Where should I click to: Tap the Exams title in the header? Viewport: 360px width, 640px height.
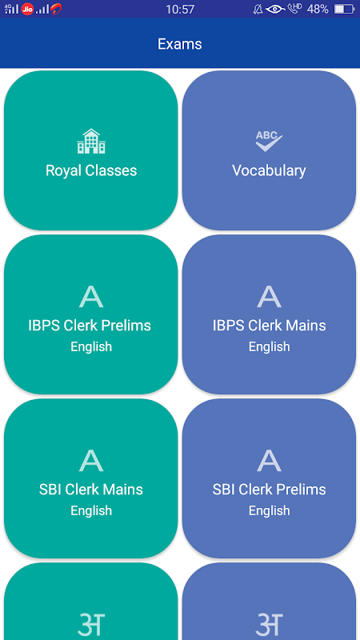pos(179,44)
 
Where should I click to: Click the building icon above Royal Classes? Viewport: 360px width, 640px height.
pos(91,142)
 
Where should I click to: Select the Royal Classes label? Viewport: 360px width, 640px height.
pos(91,170)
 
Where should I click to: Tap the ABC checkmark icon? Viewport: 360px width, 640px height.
pos(269,142)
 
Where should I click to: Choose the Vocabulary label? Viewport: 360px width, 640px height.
pos(269,170)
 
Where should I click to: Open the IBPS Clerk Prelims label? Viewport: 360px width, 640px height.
pos(90,326)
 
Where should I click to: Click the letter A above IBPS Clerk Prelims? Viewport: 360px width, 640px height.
pos(91,297)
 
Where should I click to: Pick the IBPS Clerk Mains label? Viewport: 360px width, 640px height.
pos(270,326)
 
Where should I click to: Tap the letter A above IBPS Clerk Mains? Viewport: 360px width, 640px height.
pos(270,297)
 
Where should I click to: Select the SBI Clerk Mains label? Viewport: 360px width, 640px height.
pos(91,490)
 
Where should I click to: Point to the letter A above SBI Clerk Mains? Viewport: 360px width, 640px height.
pos(91,461)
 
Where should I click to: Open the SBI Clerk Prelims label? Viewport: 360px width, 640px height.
pos(270,490)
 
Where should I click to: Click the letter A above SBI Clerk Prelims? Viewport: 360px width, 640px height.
pos(270,461)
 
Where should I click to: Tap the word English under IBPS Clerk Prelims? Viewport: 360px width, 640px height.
pos(91,347)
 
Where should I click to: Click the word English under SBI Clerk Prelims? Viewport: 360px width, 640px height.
pos(270,511)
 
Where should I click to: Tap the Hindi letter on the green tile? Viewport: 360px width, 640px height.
pos(91,625)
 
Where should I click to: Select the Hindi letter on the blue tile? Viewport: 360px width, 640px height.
pos(270,625)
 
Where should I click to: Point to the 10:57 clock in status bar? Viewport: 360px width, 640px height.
pos(180,9)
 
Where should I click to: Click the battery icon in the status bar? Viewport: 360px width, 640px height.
pos(344,9)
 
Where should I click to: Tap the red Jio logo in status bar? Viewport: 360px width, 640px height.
pos(28,9)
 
